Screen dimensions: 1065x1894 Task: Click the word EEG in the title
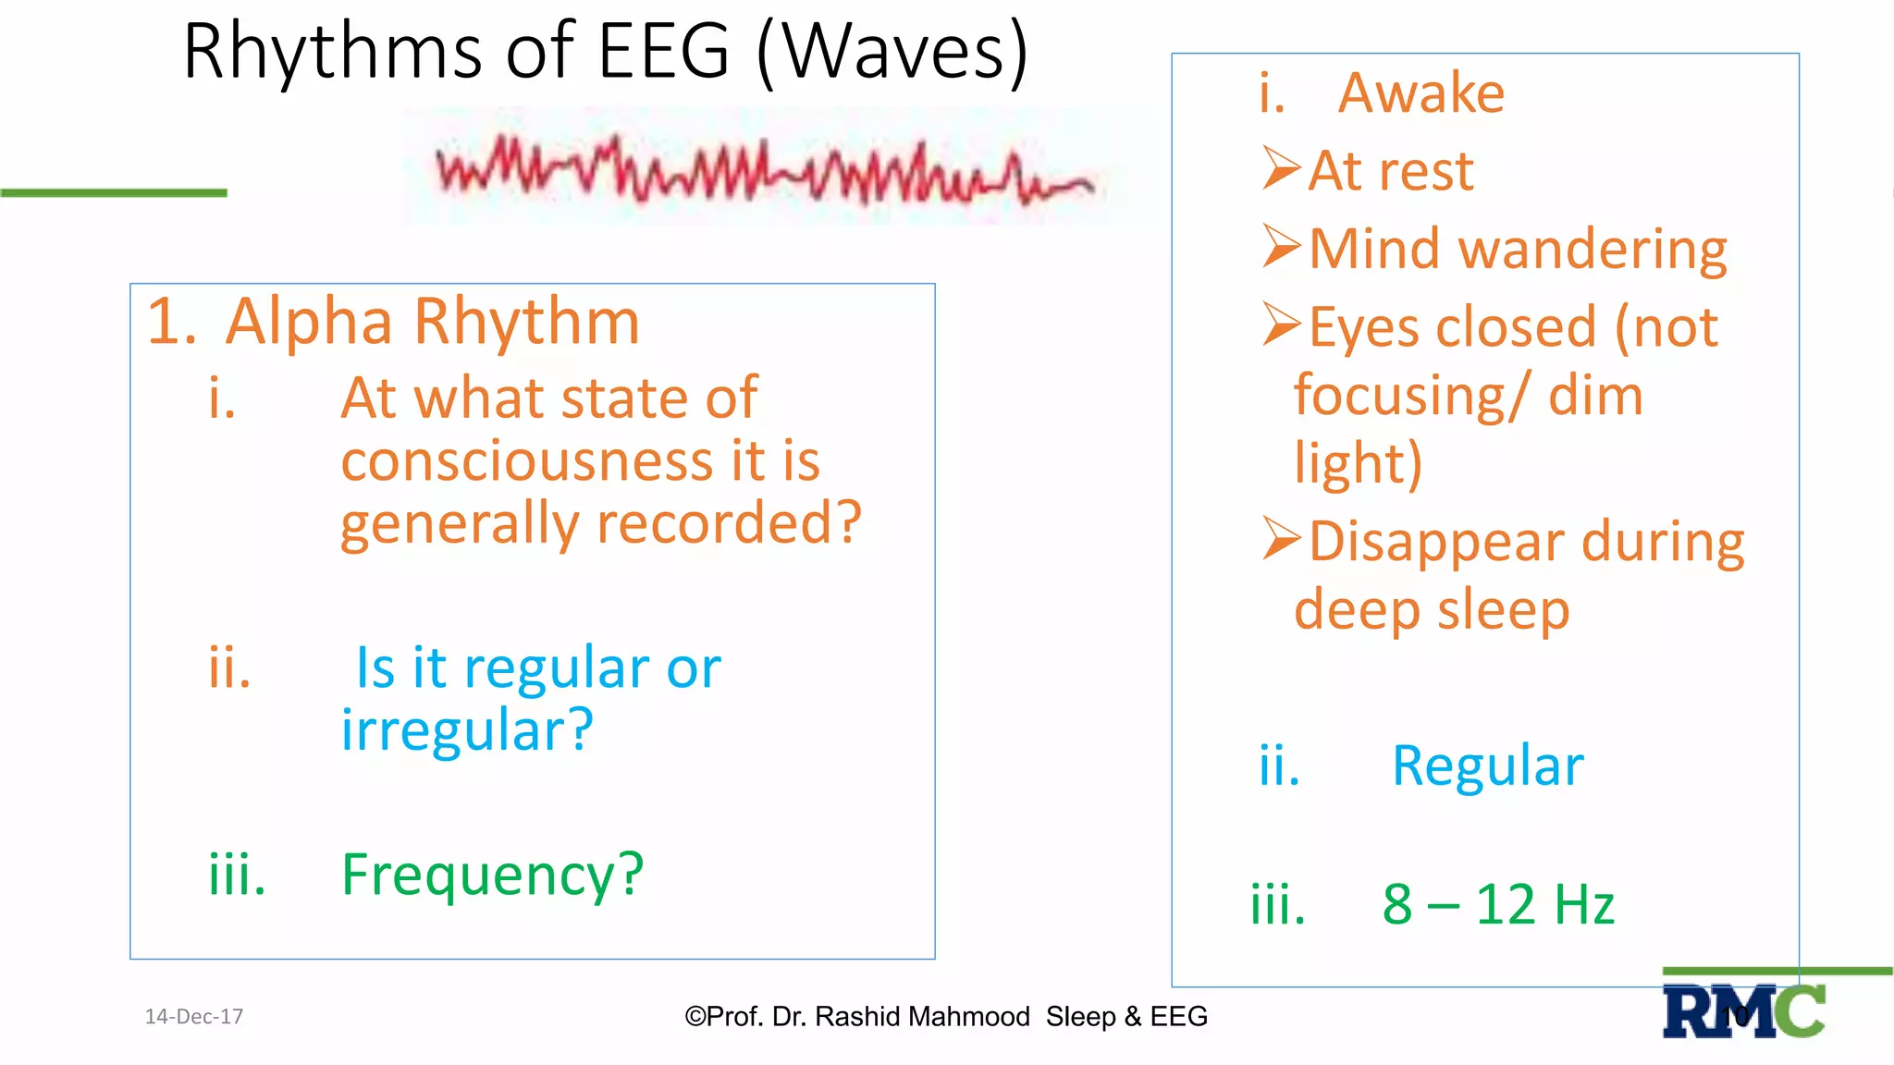[664, 53]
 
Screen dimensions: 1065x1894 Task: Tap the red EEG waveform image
[766, 169]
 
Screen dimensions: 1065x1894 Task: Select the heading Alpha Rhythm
[432, 323]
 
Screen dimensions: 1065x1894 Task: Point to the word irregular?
[467, 730]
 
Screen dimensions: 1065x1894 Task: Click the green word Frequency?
[492, 875]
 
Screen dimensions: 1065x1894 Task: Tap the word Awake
[1420, 93]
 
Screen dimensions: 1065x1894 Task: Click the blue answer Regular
[1487, 766]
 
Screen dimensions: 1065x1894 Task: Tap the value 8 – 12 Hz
[1498, 904]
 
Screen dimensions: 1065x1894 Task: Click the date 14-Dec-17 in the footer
[194, 1017]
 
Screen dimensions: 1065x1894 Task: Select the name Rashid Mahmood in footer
[922, 1017]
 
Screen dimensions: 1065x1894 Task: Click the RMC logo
[1743, 1011]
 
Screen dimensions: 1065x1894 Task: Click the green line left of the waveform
[113, 192]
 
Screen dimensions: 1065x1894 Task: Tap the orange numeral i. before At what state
[222, 400]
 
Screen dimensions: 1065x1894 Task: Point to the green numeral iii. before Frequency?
[237, 875]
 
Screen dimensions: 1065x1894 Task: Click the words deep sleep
[1431, 611]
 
